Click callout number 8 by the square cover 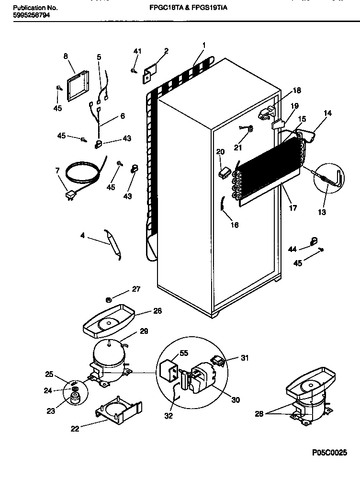(66, 56)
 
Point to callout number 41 (137, 51)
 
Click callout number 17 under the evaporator (293, 208)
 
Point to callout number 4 (82, 235)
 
